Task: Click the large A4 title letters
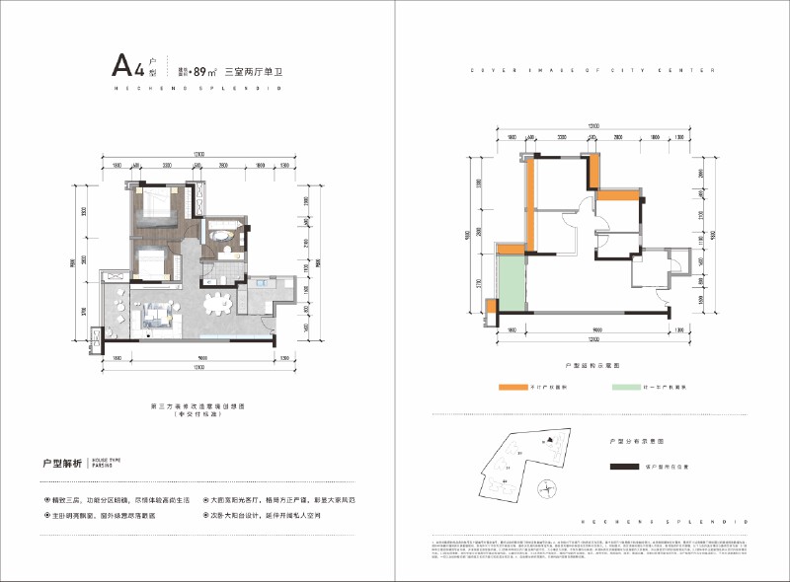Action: coord(126,68)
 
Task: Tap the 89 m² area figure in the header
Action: coord(205,71)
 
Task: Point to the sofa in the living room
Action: coord(157,316)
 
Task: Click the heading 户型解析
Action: coord(60,461)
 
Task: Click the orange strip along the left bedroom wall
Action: coord(530,203)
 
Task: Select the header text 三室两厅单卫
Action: coord(255,71)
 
